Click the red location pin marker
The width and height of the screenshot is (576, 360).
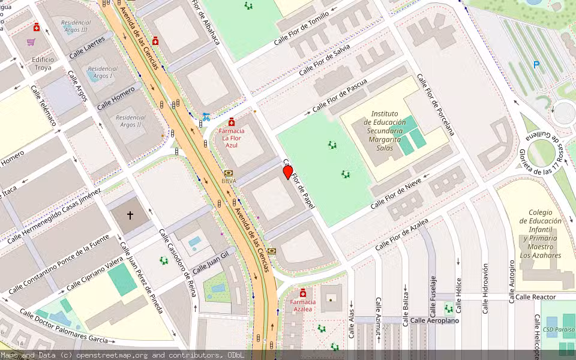coord(288,172)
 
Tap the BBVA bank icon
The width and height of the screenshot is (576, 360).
coord(228,173)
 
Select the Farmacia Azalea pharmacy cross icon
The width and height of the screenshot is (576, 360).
coord(303,293)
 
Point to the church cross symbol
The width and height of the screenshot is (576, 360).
coord(130,214)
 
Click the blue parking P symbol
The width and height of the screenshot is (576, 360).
coord(536,64)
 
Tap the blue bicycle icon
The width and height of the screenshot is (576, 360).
coord(206,116)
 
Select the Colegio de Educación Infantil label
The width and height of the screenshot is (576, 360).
coord(541,233)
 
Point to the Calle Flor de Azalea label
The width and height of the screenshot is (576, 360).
coord(401,235)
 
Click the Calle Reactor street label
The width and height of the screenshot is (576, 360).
coord(535,297)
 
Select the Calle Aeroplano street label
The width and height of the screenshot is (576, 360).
coord(434,320)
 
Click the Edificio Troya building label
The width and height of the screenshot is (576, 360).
coord(43,64)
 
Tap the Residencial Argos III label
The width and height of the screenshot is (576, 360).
coord(74,26)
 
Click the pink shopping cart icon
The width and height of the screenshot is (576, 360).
coord(31,42)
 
